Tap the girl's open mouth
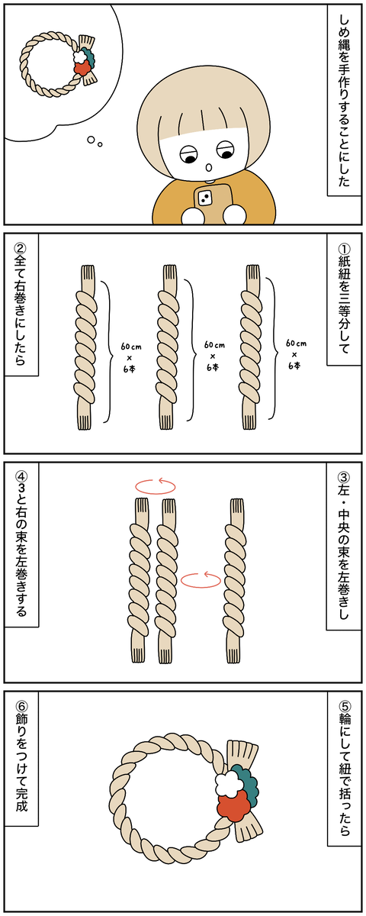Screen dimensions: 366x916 [x=210, y=167]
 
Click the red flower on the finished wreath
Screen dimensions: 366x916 [x=233, y=804]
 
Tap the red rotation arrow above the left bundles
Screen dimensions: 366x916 [x=156, y=485]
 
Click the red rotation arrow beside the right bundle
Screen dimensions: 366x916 [x=201, y=579]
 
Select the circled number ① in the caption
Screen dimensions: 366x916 [x=345, y=248]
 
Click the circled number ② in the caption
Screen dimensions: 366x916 [x=20, y=248]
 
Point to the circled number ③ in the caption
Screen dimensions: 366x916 [x=345, y=477]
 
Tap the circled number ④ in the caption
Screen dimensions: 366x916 [x=20, y=477]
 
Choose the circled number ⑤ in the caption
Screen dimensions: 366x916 [x=345, y=706]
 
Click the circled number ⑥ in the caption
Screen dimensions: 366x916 [x=20, y=706]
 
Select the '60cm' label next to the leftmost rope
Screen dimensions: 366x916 [x=130, y=347]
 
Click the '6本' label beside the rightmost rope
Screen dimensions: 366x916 [x=294, y=366]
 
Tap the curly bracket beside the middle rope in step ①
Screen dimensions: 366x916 [x=190, y=350]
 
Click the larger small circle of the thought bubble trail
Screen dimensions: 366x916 [x=91, y=140]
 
